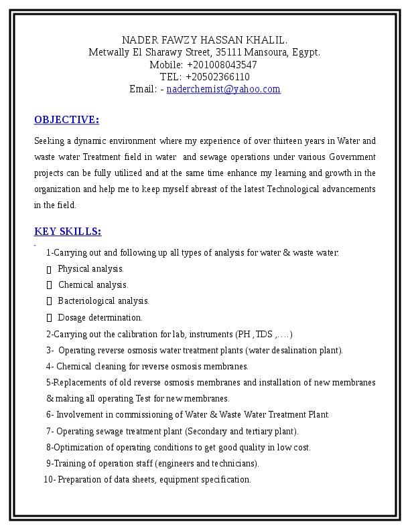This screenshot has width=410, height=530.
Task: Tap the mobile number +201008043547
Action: (x=222, y=65)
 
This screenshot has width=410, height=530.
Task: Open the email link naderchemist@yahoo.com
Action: (x=223, y=89)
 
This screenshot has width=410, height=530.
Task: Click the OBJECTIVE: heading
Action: (x=66, y=120)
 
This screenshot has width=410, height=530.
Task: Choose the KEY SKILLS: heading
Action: (x=68, y=232)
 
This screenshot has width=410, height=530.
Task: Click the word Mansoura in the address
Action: (x=266, y=52)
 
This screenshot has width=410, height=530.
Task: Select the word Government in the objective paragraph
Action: (x=352, y=157)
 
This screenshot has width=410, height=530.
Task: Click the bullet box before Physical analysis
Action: (x=50, y=270)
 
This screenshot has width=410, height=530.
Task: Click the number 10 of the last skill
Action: (x=48, y=480)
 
